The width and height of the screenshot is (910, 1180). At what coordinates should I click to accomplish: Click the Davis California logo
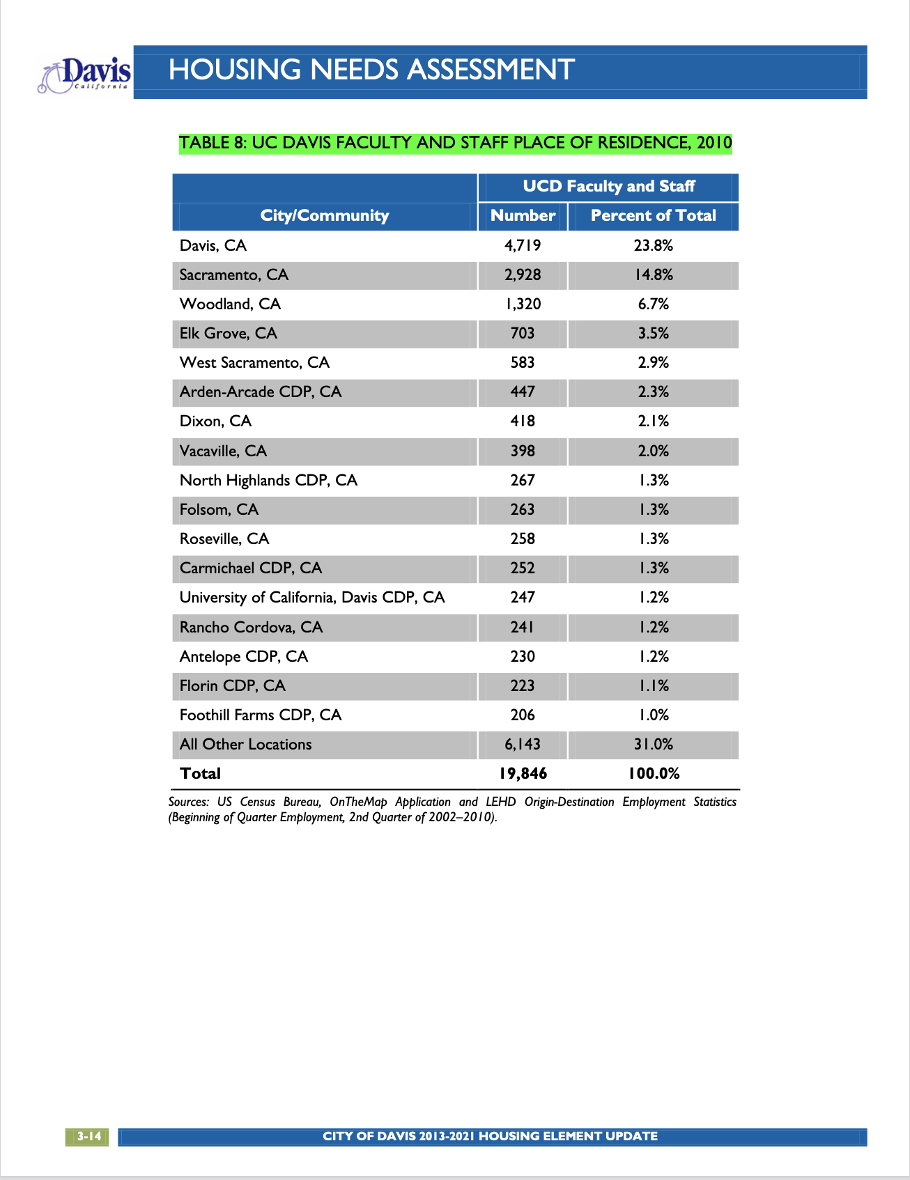86,75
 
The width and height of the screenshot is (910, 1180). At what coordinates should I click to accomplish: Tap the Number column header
523,215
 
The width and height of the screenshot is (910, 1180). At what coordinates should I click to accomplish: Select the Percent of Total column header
653,215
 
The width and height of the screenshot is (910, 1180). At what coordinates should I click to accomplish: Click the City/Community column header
324,215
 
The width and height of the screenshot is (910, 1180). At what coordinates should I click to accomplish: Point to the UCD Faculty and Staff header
608,186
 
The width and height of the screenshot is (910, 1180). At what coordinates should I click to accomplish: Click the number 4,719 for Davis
523,245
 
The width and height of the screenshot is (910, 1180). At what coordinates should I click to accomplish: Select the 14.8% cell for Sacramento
653,274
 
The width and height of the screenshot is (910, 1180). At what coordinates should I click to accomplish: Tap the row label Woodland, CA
230,304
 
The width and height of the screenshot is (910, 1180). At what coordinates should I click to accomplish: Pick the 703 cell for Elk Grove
523,333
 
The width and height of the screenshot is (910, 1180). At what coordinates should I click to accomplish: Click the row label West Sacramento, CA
254,362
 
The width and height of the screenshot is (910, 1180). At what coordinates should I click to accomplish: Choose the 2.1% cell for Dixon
653,421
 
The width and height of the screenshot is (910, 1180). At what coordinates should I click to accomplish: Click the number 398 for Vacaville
523,451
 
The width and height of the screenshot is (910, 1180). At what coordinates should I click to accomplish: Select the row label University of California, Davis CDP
311,597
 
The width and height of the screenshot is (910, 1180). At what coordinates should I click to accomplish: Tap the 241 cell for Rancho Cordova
523,627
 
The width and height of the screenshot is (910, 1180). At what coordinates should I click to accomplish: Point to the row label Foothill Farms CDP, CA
260,715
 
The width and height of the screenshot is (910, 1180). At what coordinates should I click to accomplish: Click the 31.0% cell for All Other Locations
653,744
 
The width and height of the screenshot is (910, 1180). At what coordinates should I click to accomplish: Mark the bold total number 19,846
523,773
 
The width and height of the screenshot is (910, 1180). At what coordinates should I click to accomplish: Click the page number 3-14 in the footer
88,1136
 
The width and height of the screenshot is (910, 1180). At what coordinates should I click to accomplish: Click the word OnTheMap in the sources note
358,802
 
